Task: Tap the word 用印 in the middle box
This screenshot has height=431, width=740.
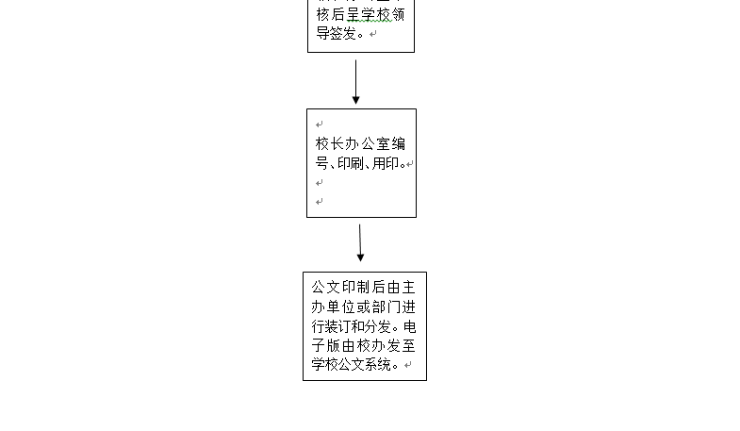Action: tap(386, 163)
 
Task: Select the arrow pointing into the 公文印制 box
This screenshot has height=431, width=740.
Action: tap(360, 242)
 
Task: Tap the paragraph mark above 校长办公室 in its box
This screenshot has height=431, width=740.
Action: tap(320, 124)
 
